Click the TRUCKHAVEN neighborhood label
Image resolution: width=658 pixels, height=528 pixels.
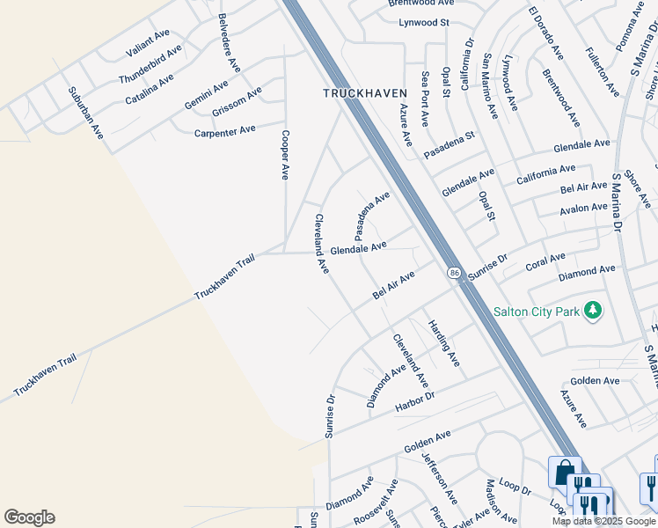(364, 92)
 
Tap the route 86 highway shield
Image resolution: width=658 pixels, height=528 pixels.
(454, 273)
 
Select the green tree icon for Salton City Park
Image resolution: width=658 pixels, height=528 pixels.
(594, 310)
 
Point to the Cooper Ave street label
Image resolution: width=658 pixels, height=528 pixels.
(284, 155)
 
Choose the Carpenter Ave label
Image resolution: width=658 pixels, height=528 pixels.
(224, 131)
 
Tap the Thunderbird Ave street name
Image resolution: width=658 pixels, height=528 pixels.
(150, 64)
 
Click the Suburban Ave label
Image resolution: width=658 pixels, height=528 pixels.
(87, 112)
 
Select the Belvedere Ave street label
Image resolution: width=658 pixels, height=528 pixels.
(229, 41)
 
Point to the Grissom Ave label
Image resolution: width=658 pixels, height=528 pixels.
(237, 101)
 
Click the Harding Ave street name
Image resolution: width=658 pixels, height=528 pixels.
(443, 342)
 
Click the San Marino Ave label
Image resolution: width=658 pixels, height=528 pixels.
(489, 86)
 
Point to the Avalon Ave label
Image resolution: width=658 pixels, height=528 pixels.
(583, 209)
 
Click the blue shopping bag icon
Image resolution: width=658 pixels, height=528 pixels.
(564, 472)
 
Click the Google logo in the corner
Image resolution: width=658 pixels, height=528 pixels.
(29, 517)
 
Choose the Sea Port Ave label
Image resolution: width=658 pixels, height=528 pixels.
(425, 99)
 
